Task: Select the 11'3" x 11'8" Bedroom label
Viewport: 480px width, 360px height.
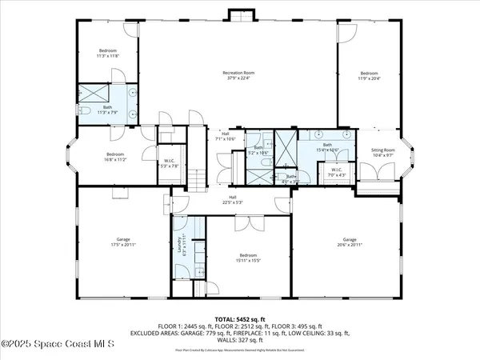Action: tap(108, 53)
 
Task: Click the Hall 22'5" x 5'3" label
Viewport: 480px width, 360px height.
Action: tap(233, 199)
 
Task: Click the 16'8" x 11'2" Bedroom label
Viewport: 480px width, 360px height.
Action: tap(115, 156)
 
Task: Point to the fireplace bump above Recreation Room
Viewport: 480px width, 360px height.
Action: tap(239, 16)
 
